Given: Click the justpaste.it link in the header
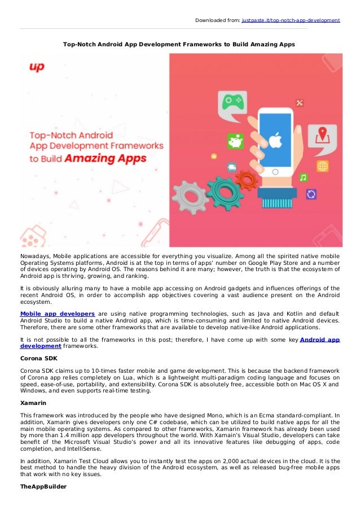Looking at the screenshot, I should click(x=291, y=20).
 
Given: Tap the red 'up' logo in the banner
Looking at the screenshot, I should click(x=37, y=67).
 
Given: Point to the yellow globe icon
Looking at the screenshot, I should click(x=322, y=166).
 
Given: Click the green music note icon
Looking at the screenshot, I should click(x=304, y=177).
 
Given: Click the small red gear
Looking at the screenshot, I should click(x=245, y=180).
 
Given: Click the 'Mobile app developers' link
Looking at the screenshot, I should click(x=57, y=313).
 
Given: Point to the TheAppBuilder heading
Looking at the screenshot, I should click(x=42, y=486).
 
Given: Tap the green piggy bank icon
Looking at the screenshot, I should click(x=235, y=140).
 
